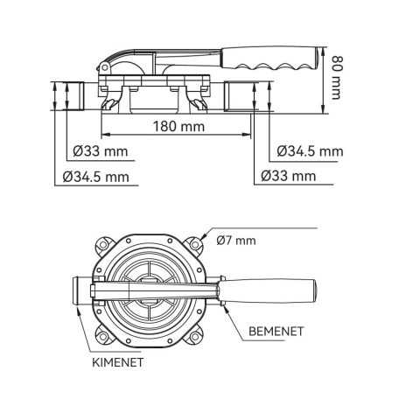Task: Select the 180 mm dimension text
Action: (179, 127)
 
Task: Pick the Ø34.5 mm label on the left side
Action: (102, 177)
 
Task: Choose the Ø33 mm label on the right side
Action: (289, 177)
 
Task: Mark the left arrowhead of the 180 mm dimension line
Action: (107, 136)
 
